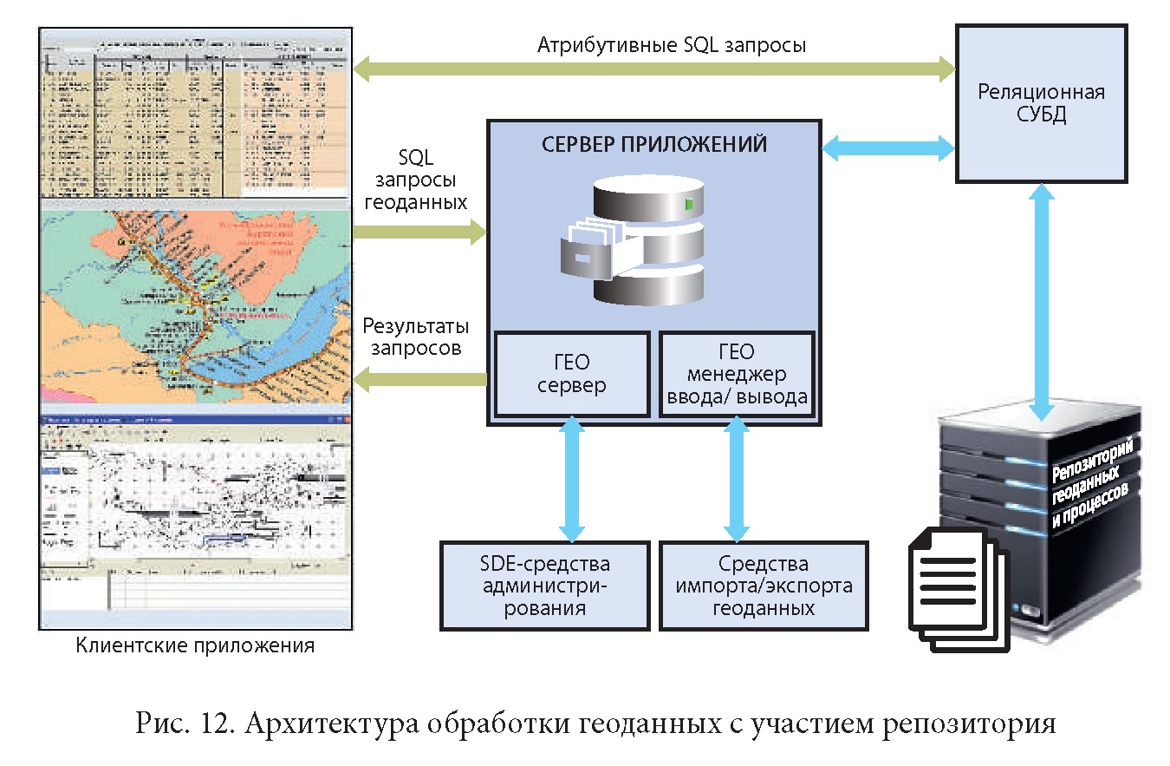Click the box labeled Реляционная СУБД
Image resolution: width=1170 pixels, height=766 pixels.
(1041, 104)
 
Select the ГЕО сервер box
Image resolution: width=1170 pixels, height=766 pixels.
(571, 374)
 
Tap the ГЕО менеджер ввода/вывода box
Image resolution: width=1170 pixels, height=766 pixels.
(736, 375)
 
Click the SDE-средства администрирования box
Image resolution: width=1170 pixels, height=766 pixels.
(544, 586)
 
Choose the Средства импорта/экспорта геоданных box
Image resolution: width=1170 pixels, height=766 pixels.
(764, 586)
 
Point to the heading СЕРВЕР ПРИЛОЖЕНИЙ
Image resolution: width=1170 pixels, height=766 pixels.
(654, 144)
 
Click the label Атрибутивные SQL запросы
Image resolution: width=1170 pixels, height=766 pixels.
(672, 45)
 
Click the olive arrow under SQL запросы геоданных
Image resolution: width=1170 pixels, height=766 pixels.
(420, 232)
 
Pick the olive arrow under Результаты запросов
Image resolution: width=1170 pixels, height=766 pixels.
(420, 378)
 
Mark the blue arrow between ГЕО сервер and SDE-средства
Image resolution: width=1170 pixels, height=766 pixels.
(570, 478)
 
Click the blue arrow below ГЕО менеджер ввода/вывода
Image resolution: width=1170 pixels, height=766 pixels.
(737, 478)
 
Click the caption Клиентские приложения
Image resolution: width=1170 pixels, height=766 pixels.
(195, 645)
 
